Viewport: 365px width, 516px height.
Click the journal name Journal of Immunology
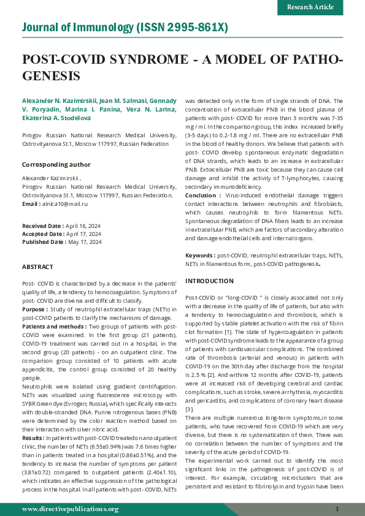pos(78,28)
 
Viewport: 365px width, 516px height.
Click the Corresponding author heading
pos(56,164)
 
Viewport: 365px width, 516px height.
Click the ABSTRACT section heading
pos(37,267)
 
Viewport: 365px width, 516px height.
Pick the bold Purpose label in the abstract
pos(35,310)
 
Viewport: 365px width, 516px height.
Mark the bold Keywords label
pos(200,255)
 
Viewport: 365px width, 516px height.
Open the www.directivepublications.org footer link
pos(70,509)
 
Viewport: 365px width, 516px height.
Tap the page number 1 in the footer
pos(337,509)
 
